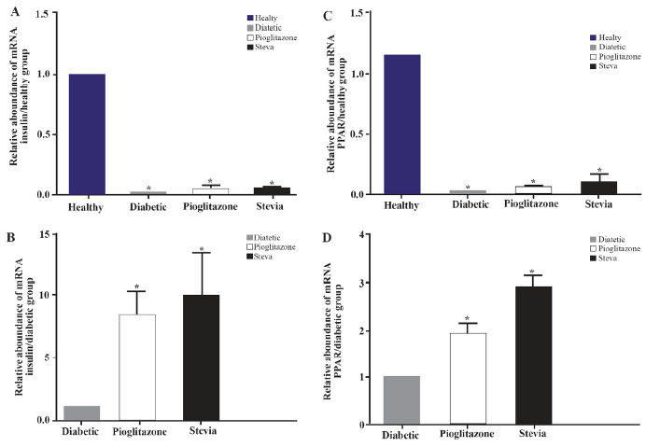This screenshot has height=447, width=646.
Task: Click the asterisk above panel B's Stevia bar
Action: pyautogui.click(x=200, y=248)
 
